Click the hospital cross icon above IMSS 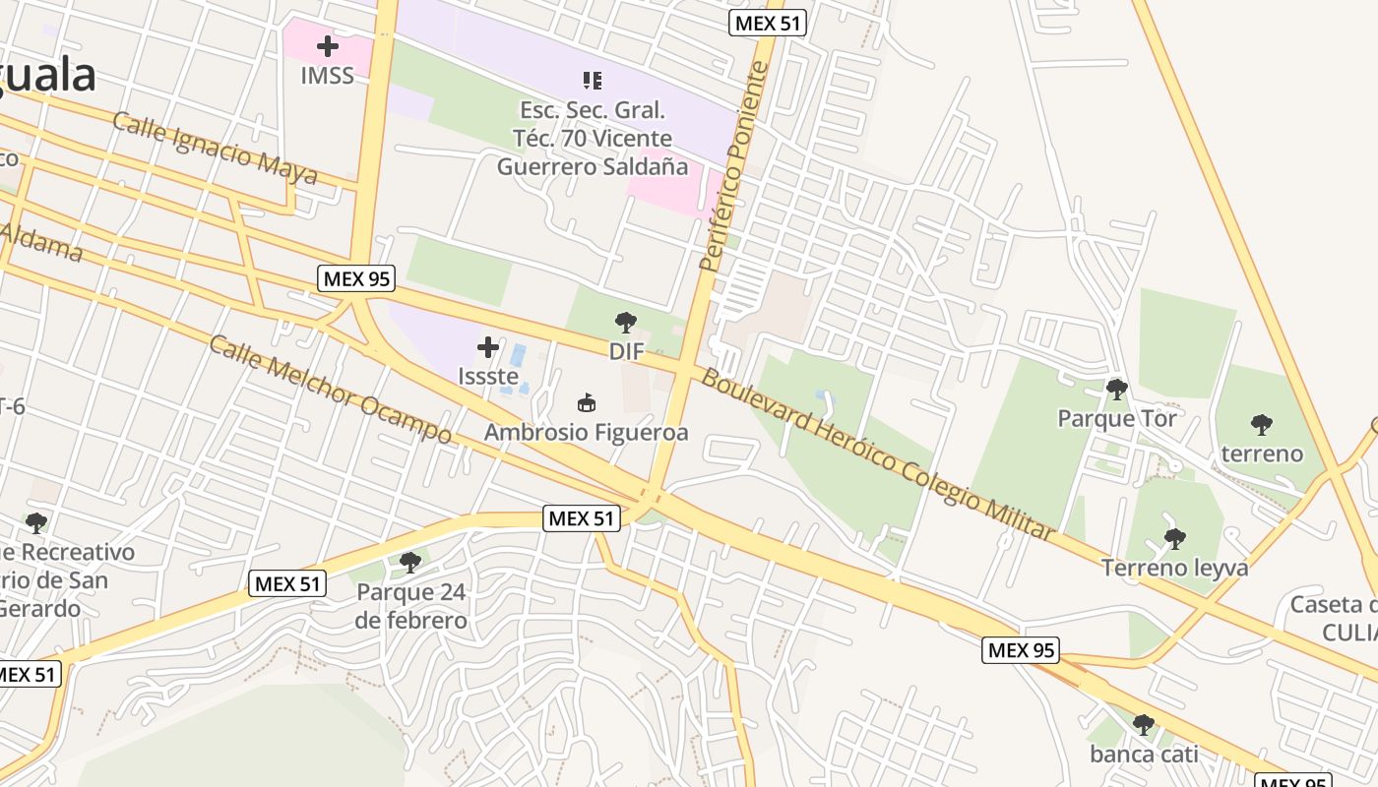328,46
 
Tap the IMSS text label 328,76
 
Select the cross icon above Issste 488,346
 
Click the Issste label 488,376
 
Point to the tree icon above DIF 625,322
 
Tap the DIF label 626,351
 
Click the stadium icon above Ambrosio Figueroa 587,402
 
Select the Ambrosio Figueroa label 587,432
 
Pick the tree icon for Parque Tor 1116,390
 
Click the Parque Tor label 1117,419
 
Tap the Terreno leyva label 1174,568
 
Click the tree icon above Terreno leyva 1174,538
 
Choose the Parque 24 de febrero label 411,607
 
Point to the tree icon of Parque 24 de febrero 410,563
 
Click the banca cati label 1144,755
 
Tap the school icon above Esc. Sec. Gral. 592,80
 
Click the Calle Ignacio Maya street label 215,150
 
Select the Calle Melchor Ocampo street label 331,391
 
